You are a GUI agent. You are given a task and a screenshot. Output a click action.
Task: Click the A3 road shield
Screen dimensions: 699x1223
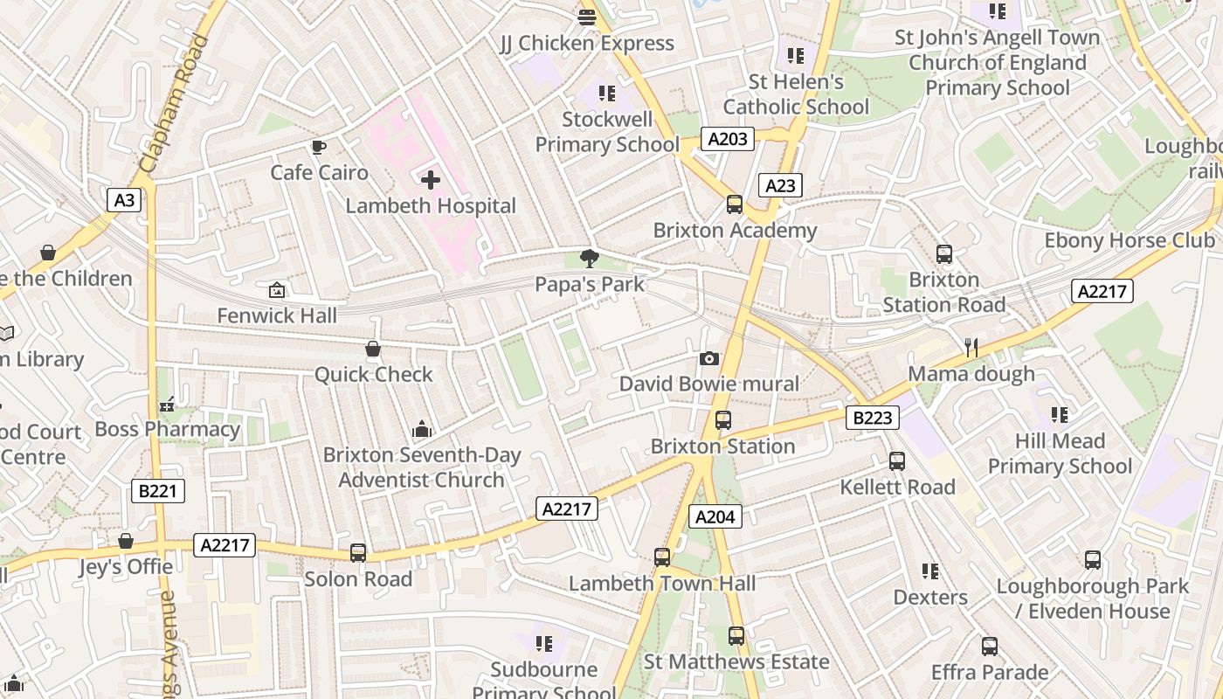[125, 200]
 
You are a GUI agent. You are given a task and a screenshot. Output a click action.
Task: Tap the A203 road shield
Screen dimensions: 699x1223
[727, 139]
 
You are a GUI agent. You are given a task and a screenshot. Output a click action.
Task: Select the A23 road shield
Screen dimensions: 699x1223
[780, 185]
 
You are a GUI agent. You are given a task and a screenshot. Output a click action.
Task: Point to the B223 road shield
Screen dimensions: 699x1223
[872, 418]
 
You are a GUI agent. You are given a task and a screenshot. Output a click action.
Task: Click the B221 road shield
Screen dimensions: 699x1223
[158, 491]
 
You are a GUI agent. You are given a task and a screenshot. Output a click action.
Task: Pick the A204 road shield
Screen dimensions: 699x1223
[715, 516]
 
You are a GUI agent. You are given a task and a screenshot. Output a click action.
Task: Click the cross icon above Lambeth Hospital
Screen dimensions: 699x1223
[430, 181]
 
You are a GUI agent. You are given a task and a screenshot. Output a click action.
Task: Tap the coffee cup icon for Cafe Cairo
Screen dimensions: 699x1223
[319, 147]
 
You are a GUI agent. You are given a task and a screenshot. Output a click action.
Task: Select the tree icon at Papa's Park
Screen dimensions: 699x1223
[590, 258]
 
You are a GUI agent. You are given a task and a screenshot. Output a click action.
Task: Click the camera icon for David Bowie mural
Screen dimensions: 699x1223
[708, 358]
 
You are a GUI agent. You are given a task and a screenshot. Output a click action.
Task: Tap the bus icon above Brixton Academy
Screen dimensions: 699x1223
[735, 204]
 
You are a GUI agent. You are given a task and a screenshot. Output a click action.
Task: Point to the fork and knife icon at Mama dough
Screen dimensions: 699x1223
[971, 348]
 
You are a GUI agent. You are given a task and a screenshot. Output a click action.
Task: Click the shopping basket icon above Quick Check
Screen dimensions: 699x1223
[373, 349]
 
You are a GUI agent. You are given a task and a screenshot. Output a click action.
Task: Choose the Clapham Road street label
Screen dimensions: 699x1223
[174, 103]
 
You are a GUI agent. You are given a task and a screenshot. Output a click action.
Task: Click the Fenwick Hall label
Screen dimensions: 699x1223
[277, 315]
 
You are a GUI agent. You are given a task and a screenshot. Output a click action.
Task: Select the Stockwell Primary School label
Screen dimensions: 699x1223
[607, 132]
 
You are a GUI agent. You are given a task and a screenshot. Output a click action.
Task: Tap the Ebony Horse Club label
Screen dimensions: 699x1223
[1130, 240]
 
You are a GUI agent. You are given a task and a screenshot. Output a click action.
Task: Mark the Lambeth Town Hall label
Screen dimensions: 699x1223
[662, 583]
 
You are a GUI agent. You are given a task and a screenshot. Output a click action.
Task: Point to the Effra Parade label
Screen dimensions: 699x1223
[990, 672]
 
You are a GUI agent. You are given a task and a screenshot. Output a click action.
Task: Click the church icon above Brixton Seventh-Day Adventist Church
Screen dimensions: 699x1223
[422, 429]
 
